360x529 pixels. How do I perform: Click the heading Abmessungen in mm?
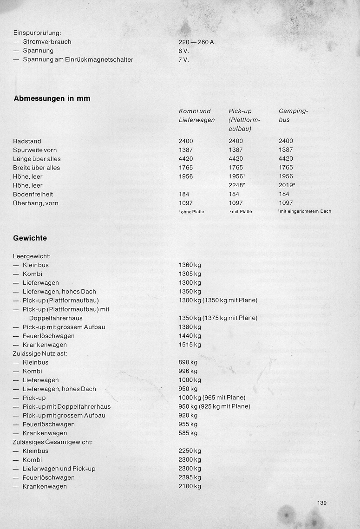(52, 98)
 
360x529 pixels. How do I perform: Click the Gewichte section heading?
(30, 238)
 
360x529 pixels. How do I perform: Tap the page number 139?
(322, 503)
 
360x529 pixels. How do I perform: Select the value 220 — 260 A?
(197, 42)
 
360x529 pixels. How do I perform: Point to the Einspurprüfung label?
(37, 33)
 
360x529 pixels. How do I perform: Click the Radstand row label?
(27, 141)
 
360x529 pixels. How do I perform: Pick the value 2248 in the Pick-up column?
(236, 185)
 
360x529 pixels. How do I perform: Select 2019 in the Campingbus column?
(287, 185)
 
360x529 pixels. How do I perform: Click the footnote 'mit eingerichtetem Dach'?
(305, 212)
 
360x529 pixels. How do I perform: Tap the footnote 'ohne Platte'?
(191, 212)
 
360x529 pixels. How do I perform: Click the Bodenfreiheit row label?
(33, 194)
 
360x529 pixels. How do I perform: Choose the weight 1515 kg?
(190, 345)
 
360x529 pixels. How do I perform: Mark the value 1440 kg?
(190, 336)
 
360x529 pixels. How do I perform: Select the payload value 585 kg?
(188, 433)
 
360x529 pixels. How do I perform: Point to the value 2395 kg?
(190, 477)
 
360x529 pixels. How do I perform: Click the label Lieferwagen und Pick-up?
(59, 469)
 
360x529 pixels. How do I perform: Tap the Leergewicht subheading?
(32, 256)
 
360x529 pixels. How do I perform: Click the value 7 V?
(183, 59)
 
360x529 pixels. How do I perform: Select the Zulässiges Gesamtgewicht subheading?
(52, 442)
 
